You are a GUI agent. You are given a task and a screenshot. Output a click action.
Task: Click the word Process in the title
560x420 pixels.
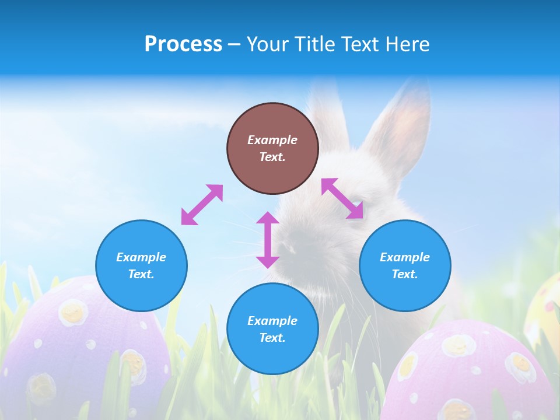(183, 44)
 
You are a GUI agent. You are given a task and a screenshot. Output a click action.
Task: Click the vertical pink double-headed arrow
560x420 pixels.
(268, 240)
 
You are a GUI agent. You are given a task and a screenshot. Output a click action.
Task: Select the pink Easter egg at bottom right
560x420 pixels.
(473, 373)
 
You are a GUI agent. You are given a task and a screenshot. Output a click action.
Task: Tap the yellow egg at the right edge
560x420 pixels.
(545, 309)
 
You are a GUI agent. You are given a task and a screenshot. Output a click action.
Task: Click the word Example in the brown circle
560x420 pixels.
(272, 140)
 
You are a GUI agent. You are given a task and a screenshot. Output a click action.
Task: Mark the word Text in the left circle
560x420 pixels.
(141, 274)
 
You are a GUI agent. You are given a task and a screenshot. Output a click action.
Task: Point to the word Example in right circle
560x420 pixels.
(405, 257)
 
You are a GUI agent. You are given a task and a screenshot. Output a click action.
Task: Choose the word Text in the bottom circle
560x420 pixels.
(272, 338)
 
